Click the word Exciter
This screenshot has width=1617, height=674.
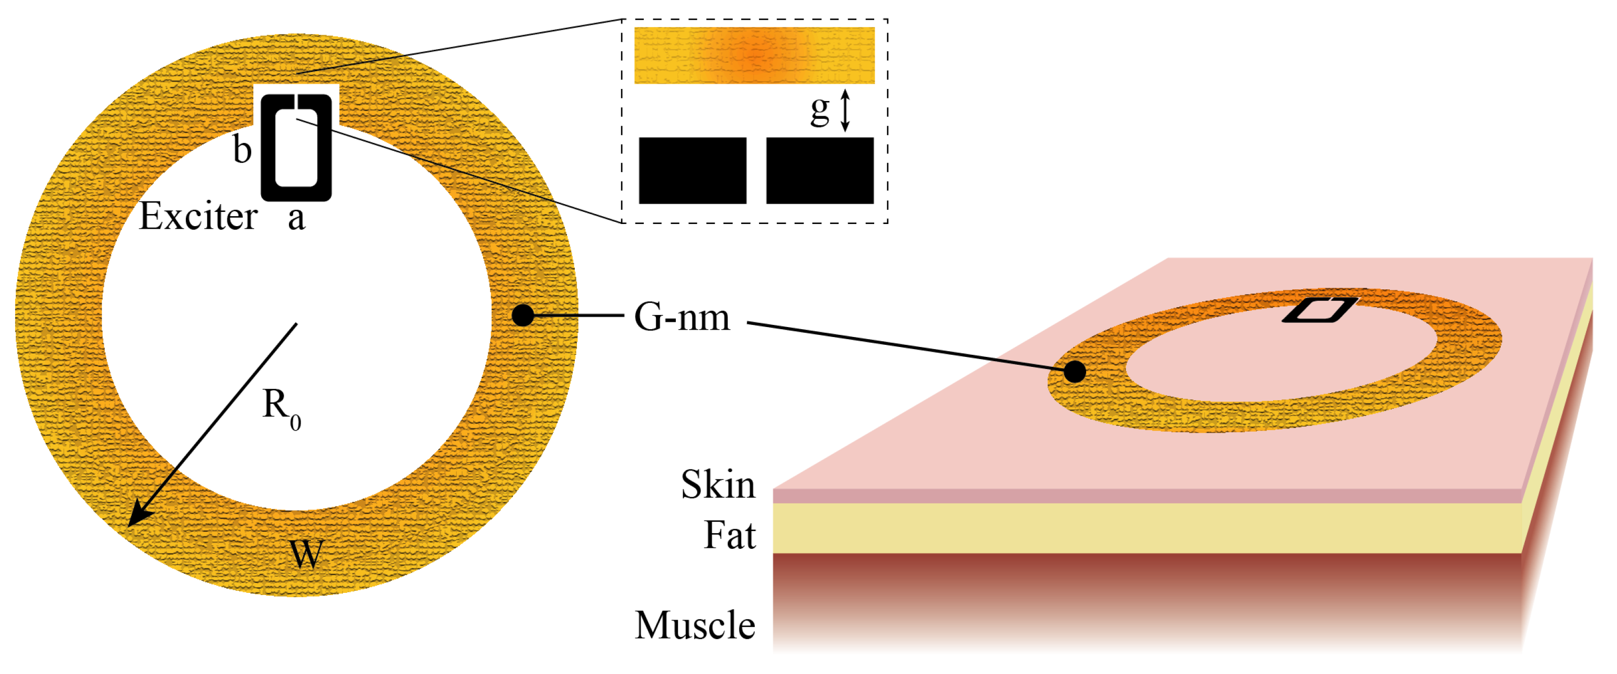point(198,217)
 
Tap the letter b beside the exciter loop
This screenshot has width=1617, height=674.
point(242,150)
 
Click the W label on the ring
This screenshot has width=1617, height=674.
point(306,554)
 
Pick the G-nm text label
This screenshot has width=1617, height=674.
point(682,317)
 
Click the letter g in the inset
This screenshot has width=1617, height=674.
point(820,110)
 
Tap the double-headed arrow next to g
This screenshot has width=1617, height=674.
point(845,110)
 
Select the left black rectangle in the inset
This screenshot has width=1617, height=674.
point(693,170)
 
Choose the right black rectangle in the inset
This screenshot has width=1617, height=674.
point(820,170)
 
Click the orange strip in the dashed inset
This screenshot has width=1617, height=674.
point(754,55)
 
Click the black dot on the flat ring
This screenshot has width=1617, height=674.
point(522,315)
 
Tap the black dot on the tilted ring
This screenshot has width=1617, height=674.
point(1075,372)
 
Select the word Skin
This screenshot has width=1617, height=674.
point(718,485)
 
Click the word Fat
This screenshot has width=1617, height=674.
point(729,535)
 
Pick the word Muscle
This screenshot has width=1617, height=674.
point(695,626)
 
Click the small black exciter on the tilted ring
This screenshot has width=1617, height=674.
point(1318,310)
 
